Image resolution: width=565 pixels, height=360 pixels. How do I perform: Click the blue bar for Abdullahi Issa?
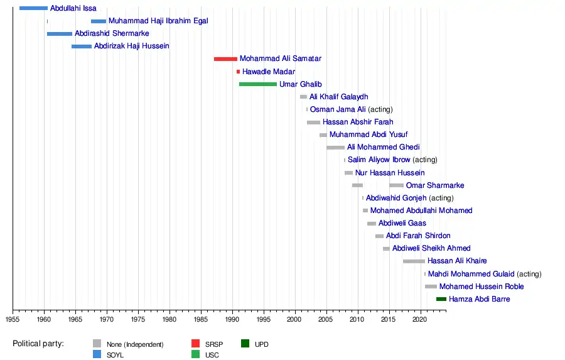33,8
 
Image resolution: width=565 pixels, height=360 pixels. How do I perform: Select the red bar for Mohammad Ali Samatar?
225,59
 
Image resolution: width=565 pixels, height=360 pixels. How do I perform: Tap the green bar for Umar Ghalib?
257,84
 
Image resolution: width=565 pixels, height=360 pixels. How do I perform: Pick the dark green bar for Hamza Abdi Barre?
441,299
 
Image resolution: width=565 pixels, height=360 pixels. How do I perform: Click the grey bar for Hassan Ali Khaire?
414,261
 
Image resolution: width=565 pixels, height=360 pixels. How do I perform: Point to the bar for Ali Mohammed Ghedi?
335,148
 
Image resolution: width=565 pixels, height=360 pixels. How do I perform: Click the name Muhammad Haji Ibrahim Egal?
158,21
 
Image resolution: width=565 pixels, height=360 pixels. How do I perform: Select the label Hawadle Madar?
269,72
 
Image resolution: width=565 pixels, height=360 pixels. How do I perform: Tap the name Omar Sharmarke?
435,185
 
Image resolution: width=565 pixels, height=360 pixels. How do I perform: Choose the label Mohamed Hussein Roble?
482,286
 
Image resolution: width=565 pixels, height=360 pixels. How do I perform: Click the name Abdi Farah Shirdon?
418,236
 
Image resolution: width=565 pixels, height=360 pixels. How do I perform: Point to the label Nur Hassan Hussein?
390,173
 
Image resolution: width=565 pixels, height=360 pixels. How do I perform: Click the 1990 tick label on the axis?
232,319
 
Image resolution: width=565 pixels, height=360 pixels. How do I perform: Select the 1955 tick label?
13,319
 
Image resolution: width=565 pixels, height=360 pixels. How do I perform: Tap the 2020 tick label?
420,319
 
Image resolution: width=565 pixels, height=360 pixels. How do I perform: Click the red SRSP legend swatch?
195,344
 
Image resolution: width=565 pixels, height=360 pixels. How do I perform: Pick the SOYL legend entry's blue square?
97,354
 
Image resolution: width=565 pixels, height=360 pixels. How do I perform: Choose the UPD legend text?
262,344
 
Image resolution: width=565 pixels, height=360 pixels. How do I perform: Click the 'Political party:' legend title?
38,344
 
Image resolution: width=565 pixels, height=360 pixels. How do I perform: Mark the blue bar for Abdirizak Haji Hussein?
82,46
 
